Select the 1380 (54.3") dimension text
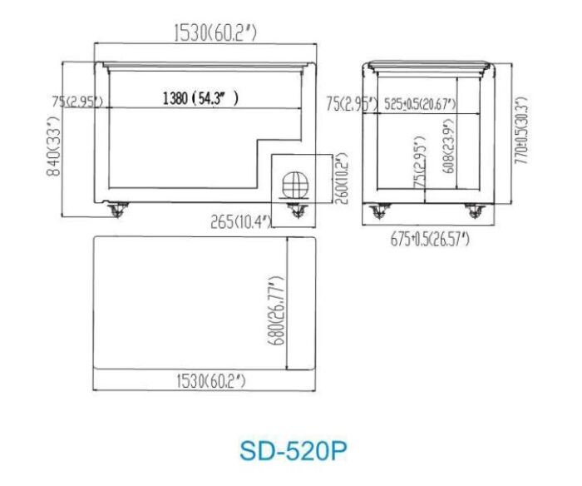[x=200, y=98]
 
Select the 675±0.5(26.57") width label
[x=430, y=240]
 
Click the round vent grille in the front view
[x=294, y=182]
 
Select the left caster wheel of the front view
[x=116, y=210]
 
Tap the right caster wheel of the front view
[x=296, y=211]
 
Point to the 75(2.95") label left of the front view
[x=76, y=102]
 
